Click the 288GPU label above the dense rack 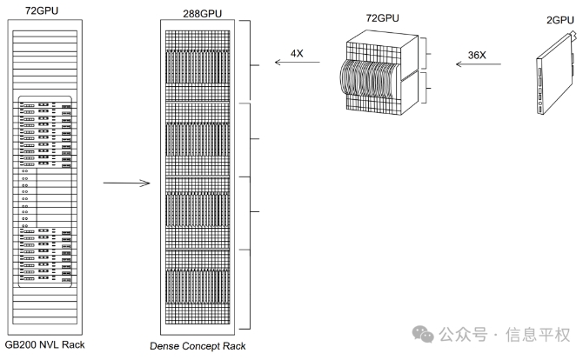click(202, 14)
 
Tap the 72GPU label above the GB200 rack click(42, 10)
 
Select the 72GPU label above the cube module click(382, 18)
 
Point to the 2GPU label click(560, 20)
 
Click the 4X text click(297, 54)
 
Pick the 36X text click(477, 55)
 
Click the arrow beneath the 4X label click(297, 62)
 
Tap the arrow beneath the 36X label click(479, 63)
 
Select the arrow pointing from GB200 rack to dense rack click(126, 183)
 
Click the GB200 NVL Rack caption click(45, 344)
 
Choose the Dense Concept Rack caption click(198, 346)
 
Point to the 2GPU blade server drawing click(556, 74)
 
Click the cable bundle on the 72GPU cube click(368, 79)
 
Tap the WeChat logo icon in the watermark click(423, 334)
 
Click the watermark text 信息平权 click(537, 335)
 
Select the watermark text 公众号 click(463, 335)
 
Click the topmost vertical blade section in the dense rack click(198, 68)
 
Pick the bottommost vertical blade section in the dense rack click(198, 287)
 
